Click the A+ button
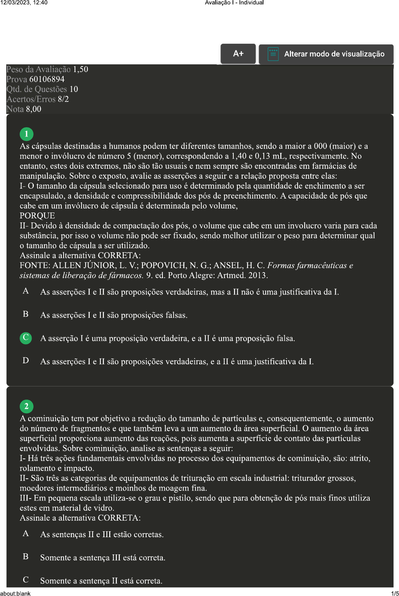pyautogui.click(x=238, y=54)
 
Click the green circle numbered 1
pyautogui.click(x=26, y=134)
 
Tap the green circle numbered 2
pyautogui.click(x=26, y=406)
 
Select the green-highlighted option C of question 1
pyautogui.click(x=26, y=338)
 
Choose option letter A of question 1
pyautogui.click(x=26, y=291)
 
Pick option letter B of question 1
pyautogui.click(x=26, y=314)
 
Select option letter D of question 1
pyautogui.click(x=26, y=360)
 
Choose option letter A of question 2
pyautogui.click(x=26, y=533)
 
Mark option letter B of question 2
pyautogui.click(x=26, y=557)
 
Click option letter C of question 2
pyautogui.click(x=26, y=580)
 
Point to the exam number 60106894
pyautogui.click(x=47, y=79)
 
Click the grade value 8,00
pyautogui.click(x=33, y=109)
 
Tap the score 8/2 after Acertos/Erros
pyautogui.click(x=63, y=99)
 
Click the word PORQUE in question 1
pyautogui.click(x=37, y=216)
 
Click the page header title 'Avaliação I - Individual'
pyautogui.click(x=234, y=3)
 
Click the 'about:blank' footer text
pyautogui.click(x=15, y=593)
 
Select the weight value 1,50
pyautogui.click(x=80, y=69)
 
